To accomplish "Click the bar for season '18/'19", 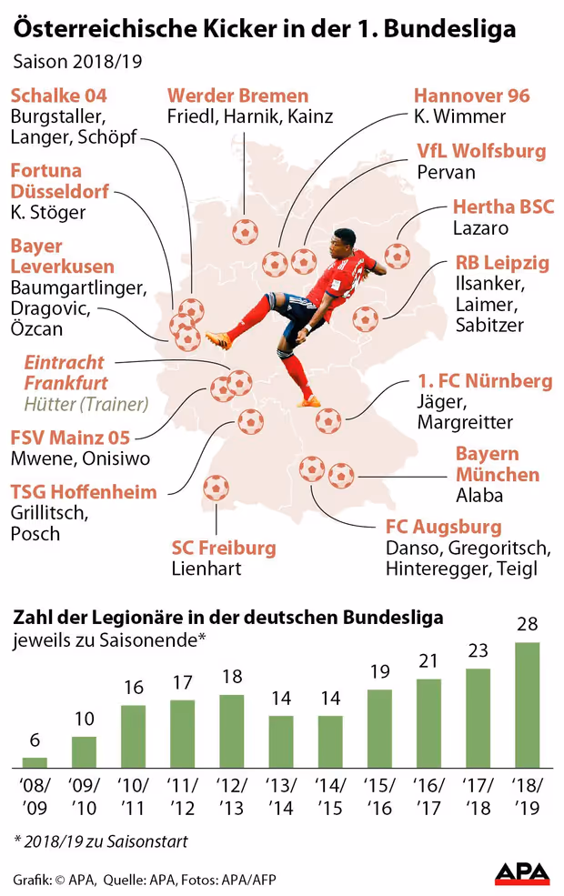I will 528,706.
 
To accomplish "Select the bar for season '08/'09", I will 35,763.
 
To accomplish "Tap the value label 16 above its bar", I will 133,687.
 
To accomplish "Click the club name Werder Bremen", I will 238,96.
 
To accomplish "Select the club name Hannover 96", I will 471,96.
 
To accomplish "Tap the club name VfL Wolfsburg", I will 481,150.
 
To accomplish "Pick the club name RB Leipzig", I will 502,264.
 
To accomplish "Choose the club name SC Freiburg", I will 224,548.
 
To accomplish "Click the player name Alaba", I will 479,496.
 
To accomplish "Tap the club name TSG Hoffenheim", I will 84,492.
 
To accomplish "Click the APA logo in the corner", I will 522,874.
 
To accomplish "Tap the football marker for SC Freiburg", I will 217,488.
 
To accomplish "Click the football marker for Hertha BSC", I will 398,255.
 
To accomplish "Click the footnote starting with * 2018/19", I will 100,841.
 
